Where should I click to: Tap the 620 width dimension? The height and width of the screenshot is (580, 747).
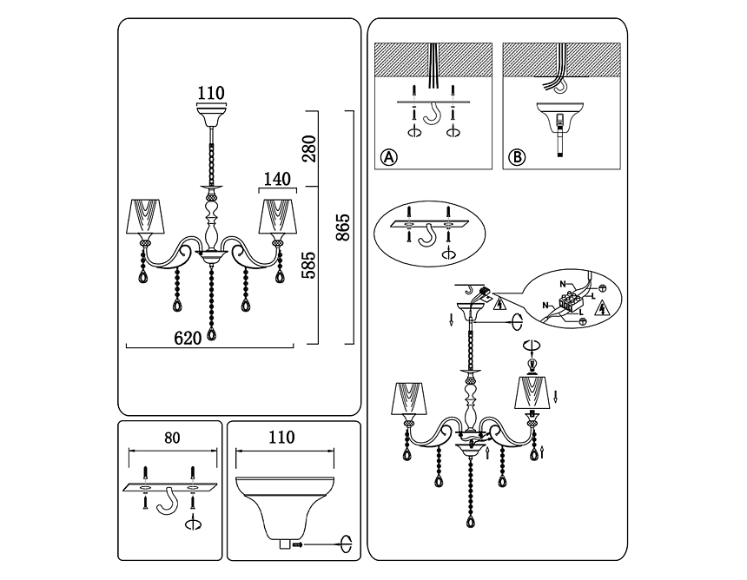click(x=188, y=339)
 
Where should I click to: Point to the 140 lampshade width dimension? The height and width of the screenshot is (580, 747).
click(x=275, y=180)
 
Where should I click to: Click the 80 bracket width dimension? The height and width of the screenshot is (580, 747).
click(x=172, y=438)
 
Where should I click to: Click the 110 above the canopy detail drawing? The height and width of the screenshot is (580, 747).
click(x=281, y=438)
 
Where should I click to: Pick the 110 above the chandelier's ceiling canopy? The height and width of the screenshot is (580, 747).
click(x=210, y=93)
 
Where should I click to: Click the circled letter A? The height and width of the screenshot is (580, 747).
click(x=389, y=157)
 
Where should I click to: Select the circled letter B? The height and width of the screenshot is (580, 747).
click(x=518, y=157)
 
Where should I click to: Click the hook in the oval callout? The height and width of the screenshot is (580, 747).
click(x=426, y=234)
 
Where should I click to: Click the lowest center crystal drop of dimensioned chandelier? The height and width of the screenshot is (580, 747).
click(x=211, y=335)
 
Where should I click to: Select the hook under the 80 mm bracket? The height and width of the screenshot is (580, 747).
click(x=168, y=502)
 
